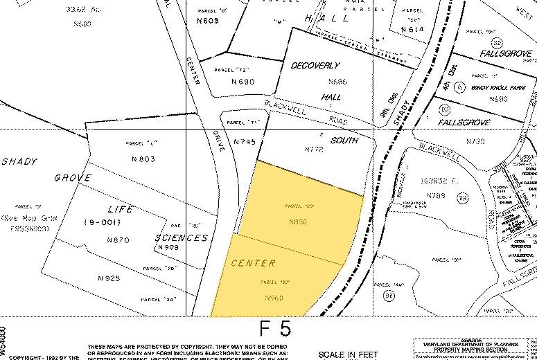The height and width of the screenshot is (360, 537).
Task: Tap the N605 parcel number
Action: (207, 21)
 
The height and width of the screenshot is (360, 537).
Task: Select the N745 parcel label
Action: (245, 142)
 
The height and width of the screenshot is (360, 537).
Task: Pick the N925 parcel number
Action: (109, 278)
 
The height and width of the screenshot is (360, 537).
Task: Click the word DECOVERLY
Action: (315, 65)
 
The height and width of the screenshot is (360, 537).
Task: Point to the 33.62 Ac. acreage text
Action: (80, 10)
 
